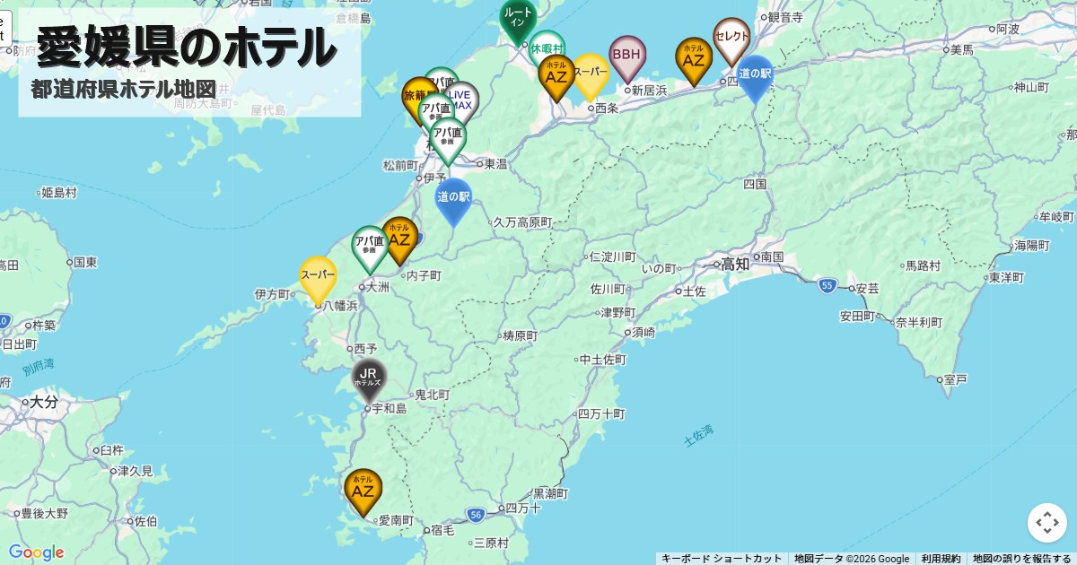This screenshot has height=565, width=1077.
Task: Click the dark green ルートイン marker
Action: (518, 18)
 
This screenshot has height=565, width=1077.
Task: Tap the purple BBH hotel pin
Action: (627, 56)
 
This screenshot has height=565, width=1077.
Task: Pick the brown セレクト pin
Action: (731, 37)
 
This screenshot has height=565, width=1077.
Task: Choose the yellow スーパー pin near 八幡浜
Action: (318, 275)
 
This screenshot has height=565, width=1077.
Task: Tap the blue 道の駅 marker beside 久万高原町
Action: (453, 197)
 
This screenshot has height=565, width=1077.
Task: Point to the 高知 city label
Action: (735, 264)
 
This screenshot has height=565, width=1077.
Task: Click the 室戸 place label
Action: (956, 380)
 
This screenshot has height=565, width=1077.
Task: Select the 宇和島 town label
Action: (389, 409)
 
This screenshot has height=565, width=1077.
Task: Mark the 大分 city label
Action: (43, 402)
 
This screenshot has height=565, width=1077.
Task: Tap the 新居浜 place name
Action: (649, 91)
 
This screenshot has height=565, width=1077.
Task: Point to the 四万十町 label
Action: (601, 414)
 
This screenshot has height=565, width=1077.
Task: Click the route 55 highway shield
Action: (827, 285)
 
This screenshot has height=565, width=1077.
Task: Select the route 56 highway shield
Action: (476, 514)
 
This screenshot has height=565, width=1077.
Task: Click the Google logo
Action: (36, 552)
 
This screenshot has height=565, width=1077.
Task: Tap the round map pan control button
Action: (1046, 523)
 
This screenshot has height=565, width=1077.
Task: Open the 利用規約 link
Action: (941, 559)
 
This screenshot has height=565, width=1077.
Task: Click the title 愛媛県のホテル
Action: (187, 47)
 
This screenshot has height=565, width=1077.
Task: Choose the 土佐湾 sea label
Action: (698, 436)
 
